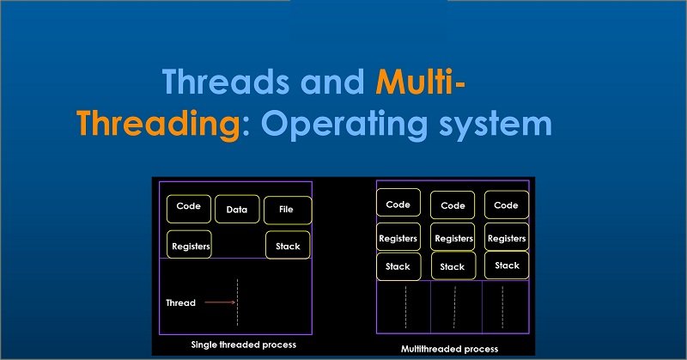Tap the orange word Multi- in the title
click(422, 84)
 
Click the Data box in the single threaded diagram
click(237, 209)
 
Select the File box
click(288, 210)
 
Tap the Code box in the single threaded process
click(188, 206)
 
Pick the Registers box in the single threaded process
click(190, 246)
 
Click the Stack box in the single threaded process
click(288, 246)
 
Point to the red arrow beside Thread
click(220, 302)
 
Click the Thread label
click(180, 302)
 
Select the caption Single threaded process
click(243, 345)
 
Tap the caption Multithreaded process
click(449, 349)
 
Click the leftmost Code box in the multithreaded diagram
click(398, 204)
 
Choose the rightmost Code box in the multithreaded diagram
click(506, 204)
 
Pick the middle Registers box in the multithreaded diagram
click(453, 238)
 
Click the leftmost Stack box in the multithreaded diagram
click(398, 266)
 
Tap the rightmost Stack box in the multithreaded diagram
click(507, 265)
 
